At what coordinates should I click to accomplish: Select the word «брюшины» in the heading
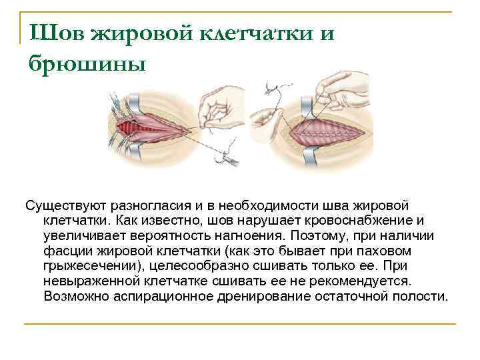click(86, 63)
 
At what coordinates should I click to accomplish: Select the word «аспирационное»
click(155, 297)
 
